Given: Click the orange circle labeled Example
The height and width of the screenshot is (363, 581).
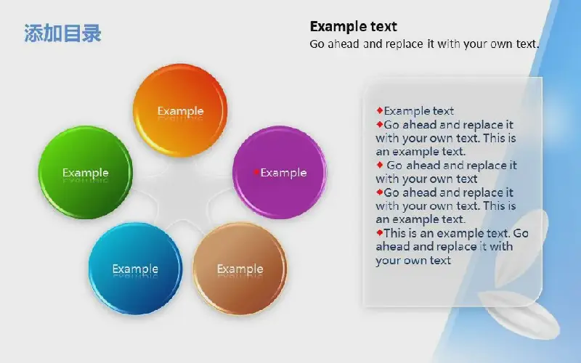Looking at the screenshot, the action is [180, 110].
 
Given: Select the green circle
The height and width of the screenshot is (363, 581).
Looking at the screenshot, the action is [85, 173].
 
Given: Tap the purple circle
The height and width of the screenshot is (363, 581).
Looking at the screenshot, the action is [280, 173].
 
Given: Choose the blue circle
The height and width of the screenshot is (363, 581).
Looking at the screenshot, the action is [135, 269].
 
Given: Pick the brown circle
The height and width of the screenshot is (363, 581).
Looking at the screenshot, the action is [240, 269].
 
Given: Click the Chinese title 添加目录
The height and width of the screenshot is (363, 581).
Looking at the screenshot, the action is [62, 33].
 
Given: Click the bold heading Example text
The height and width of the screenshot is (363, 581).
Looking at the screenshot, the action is [353, 26].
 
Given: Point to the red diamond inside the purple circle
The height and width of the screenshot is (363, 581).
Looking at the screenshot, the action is [256, 172].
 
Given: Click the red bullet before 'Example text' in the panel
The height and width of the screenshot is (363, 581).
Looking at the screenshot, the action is [379, 110].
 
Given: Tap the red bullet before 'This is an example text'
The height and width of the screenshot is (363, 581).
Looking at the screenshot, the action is [379, 232].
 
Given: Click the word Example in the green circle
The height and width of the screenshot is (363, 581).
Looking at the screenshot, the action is [85, 173].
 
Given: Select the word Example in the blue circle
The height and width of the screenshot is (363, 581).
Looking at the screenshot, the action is [135, 269].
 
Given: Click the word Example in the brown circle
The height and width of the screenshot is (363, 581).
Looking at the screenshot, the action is [240, 269].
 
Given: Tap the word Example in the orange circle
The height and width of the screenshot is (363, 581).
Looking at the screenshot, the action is [180, 111].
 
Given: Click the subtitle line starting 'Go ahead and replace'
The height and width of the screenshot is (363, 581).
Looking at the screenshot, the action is [424, 44].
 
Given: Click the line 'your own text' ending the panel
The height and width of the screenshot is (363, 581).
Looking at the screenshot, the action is [413, 261].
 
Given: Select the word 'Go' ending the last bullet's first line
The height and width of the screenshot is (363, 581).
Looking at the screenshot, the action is [521, 233].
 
